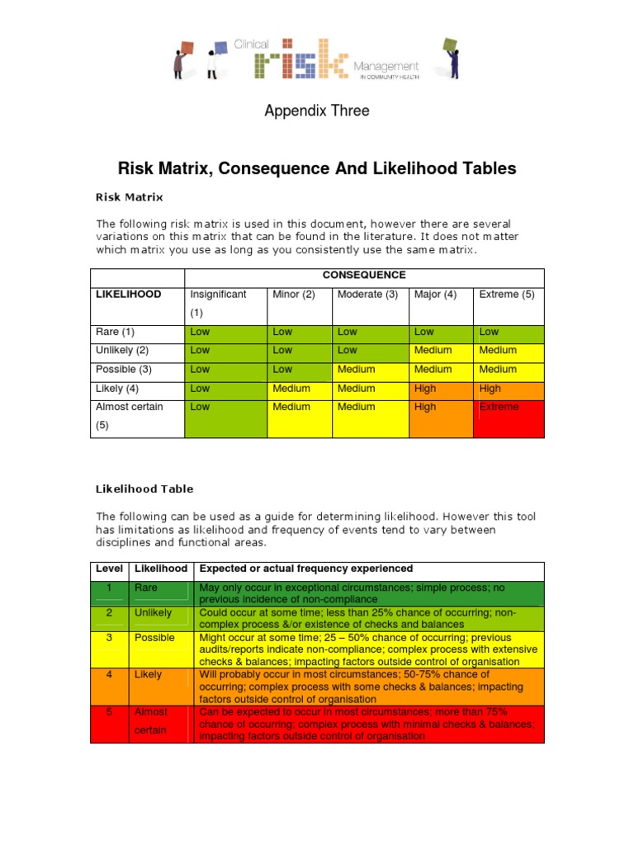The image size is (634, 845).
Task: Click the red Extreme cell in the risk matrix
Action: click(x=499, y=407)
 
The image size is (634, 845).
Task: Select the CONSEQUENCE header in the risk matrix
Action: click(x=364, y=275)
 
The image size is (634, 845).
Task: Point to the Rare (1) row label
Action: click(x=115, y=332)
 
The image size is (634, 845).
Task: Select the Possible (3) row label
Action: click(x=123, y=369)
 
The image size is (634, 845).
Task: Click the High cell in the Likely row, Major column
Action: click(x=425, y=388)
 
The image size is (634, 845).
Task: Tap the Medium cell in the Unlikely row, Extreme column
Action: click(x=498, y=350)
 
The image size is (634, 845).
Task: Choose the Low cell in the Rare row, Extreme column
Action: click(x=490, y=332)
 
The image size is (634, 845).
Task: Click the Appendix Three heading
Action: click(x=316, y=111)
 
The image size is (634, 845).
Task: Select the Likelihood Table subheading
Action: click(x=144, y=489)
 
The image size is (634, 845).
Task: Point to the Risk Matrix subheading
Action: click(x=130, y=197)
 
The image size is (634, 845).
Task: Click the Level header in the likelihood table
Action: click(x=109, y=569)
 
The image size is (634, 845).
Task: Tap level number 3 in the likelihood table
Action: click(x=109, y=638)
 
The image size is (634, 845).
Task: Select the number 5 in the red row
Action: click(x=109, y=711)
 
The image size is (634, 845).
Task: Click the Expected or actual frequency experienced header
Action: click(x=306, y=569)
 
